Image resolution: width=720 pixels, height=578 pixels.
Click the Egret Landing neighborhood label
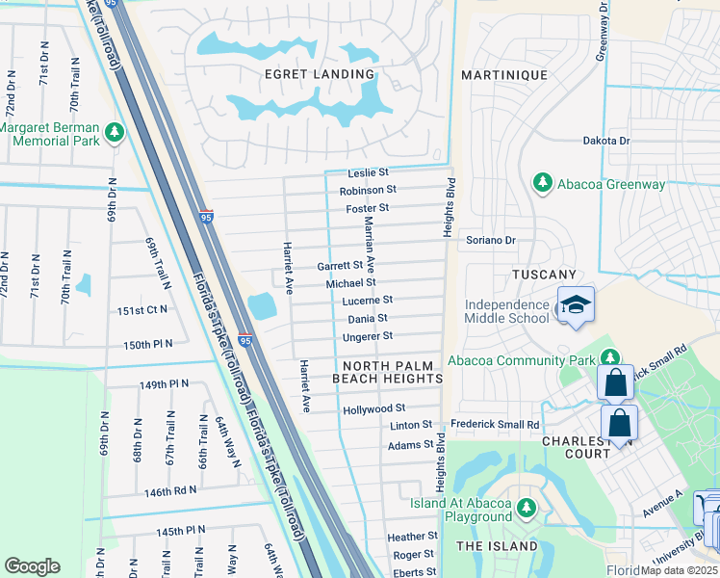pos(320,74)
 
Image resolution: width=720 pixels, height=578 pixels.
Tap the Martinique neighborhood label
pos(503,75)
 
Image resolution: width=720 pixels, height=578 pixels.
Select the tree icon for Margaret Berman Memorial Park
pos(116,132)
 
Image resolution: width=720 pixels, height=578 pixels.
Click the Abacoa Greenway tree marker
pos(542,182)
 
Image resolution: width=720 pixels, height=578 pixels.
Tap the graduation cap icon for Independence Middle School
pos(576,305)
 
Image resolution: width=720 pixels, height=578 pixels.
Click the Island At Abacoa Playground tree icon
pos(526,507)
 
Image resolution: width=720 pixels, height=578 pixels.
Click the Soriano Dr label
pos(491,240)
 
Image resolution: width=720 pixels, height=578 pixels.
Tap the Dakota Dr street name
pos(605,141)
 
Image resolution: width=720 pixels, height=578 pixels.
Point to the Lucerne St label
pos(369,301)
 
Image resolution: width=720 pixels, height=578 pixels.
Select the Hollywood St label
pos(374,409)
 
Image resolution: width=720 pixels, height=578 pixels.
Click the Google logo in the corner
pos(32,566)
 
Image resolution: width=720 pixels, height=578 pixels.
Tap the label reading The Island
pos(497,546)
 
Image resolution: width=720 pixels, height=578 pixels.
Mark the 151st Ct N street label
pos(142,310)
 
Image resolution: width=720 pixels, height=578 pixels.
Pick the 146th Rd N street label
pos(170,490)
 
